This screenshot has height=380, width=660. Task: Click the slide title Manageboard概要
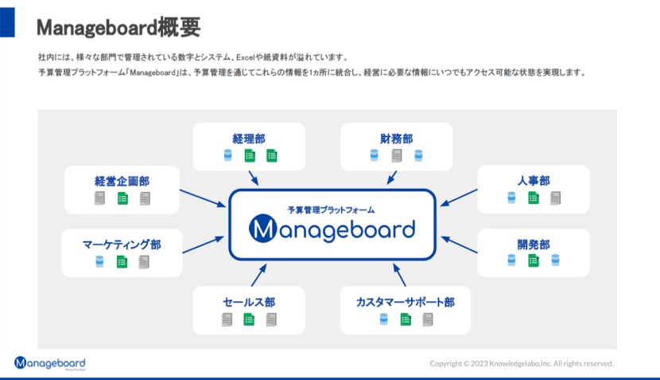(118, 27)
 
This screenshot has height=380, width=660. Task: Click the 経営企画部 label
(122, 181)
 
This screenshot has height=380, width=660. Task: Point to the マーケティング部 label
(122, 245)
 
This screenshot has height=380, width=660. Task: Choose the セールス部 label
(249, 303)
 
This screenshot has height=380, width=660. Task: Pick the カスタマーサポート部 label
(406, 303)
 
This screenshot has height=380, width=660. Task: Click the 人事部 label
(533, 181)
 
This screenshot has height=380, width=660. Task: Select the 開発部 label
(533, 245)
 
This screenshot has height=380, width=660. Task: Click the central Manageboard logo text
(332, 229)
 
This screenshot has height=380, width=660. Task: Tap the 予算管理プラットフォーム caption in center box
(332, 210)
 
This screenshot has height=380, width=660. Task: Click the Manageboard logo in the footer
(49, 363)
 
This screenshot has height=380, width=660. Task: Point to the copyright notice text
(522, 363)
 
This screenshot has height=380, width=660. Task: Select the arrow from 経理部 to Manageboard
(254, 178)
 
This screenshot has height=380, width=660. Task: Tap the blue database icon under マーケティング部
(99, 262)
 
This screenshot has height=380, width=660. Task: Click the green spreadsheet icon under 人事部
(533, 198)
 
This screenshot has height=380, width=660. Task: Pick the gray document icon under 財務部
(396, 156)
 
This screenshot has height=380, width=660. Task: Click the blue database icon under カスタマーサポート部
(383, 319)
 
